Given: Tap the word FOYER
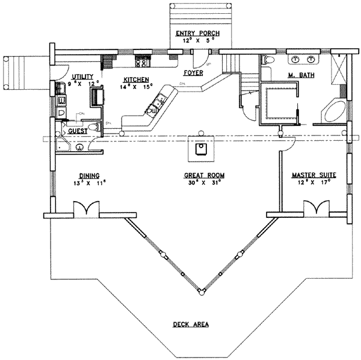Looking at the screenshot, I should click(x=194, y=73).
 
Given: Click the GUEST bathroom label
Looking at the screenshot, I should click(x=78, y=131).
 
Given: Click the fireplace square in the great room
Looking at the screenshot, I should click(x=199, y=149).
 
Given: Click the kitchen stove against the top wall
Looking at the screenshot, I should click(x=143, y=60).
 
